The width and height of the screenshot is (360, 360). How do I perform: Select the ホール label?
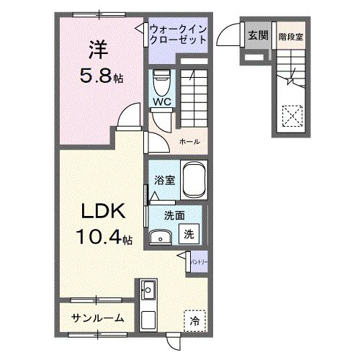click(x=190, y=141)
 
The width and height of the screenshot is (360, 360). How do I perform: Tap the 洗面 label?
click(x=172, y=215)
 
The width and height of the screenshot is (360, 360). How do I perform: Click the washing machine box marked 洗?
click(x=187, y=234)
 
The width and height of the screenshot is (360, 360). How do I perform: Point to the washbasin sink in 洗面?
click(x=161, y=237)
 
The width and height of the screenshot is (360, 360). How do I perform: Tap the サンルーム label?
click(x=97, y=317)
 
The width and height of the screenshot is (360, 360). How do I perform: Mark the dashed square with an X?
click(x=292, y=115)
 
